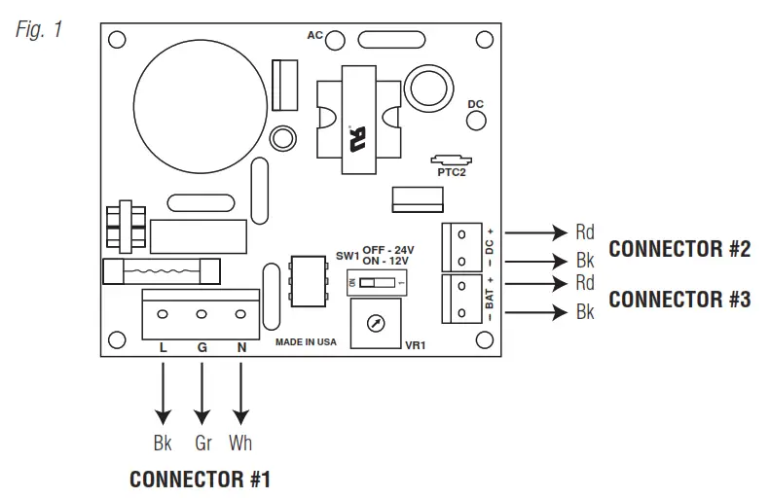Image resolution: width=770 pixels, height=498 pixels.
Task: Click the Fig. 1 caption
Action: click(39, 29)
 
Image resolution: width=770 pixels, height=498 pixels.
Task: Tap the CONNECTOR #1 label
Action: click(200, 480)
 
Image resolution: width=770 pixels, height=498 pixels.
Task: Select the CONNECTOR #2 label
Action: click(679, 249)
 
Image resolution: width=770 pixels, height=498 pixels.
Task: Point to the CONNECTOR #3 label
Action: click(679, 300)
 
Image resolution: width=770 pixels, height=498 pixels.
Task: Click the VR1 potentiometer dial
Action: click(376, 323)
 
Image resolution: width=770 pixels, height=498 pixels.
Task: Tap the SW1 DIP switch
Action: click(377, 283)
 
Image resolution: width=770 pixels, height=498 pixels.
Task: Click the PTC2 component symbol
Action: click(451, 160)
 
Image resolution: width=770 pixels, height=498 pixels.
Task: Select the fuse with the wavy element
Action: click(162, 271)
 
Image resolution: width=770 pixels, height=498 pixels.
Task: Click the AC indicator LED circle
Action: click(335, 40)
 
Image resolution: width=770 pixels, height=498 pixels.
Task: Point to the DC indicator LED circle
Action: click(476, 121)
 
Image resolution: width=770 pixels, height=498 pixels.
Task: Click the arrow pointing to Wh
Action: click(240, 394)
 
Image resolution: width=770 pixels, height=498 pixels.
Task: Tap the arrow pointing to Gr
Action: click(202, 394)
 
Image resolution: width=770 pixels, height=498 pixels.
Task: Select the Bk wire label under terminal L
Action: click(163, 444)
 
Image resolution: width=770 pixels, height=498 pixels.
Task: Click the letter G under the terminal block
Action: click(202, 347)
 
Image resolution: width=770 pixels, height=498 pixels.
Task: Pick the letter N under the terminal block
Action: click(241, 347)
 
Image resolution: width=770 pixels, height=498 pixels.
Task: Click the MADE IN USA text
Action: click(306, 342)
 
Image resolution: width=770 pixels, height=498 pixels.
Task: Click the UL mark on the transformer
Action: click(357, 139)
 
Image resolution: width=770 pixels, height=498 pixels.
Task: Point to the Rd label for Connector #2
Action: click(585, 232)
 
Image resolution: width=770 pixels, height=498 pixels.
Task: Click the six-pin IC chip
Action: click(308, 281)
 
